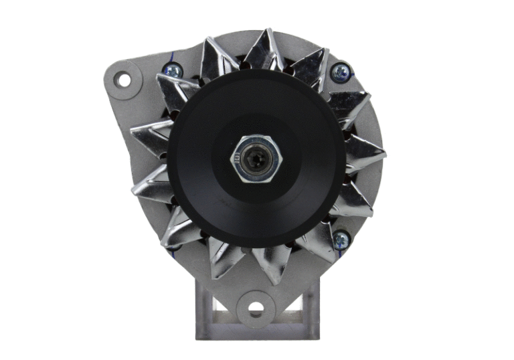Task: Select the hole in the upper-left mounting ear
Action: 124,80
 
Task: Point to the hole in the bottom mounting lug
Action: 256,309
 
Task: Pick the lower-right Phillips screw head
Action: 341,239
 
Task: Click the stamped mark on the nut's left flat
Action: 238,159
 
